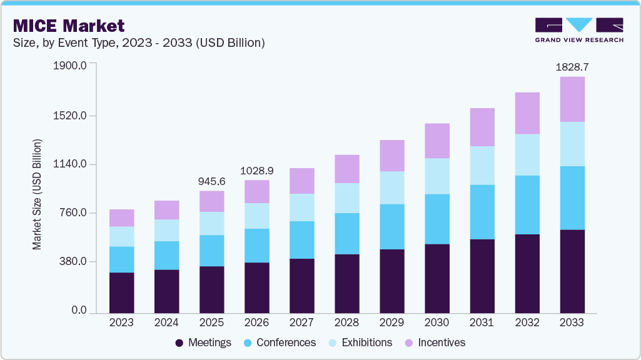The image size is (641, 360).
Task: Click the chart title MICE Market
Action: pyautogui.click(x=69, y=26)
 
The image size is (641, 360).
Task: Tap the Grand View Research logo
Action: pyautogui.click(x=579, y=30)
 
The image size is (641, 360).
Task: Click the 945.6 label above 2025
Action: pyautogui.click(x=211, y=181)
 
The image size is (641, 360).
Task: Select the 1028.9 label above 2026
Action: pyautogui.click(x=256, y=170)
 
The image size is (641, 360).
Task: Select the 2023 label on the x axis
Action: pyautogui.click(x=121, y=322)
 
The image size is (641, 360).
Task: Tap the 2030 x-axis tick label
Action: pyautogui.click(x=437, y=322)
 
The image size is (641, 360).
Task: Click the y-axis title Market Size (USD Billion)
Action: pyautogui.click(x=38, y=194)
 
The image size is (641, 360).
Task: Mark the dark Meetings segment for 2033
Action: pyautogui.click(x=572, y=271)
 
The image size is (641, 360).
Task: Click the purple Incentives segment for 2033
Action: pyautogui.click(x=572, y=99)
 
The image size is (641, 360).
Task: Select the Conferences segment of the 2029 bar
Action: pyautogui.click(x=391, y=226)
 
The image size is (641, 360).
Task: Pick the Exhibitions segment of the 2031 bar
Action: pyautogui.click(x=482, y=166)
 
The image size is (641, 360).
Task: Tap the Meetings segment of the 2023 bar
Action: pyautogui.click(x=121, y=292)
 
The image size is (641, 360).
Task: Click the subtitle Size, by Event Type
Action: pyautogui.click(x=138, y=43)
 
